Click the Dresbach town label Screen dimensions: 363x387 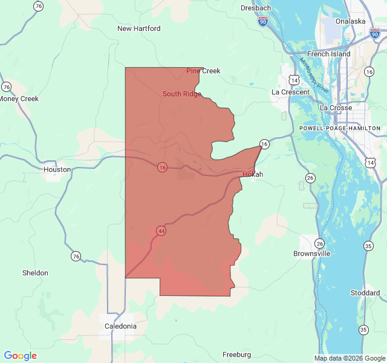(256, 8)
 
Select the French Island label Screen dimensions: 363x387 (328, 54)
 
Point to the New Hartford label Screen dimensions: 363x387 (139, 28)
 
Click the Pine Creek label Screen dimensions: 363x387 (203, 71)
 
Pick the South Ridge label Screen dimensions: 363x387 (181, 94)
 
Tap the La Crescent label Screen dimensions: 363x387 (290, 92)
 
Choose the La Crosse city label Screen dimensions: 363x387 (336, 108)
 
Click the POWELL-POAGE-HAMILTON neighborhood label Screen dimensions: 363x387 (340, 128)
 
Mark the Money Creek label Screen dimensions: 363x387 (19, 99)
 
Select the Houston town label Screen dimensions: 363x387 (57, 170)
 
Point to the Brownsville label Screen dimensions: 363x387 (311, 253)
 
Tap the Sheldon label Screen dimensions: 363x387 (35, 273)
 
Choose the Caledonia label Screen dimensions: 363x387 (120, 326)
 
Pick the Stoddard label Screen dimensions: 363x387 (365, 293)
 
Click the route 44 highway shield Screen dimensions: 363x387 (161, 231)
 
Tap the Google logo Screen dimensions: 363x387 (20, 356)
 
